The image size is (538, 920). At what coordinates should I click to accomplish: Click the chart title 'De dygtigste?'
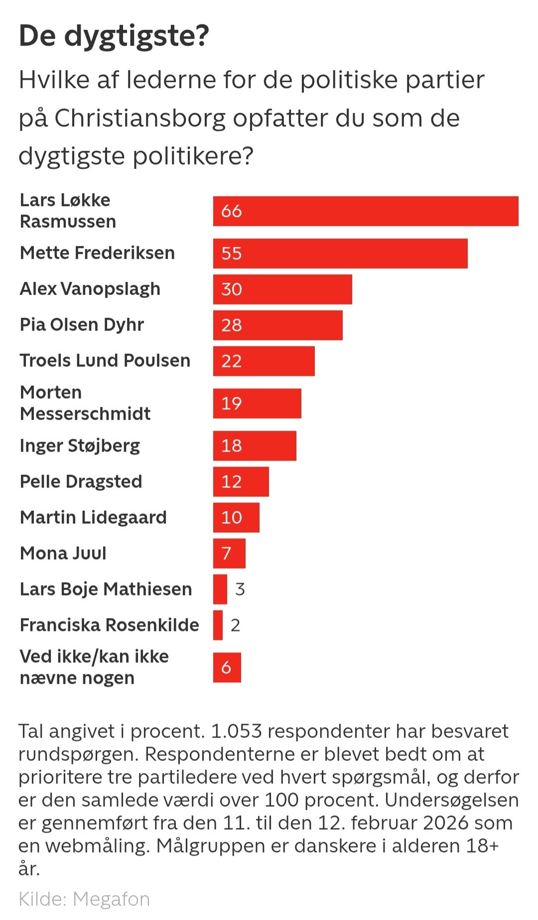(114, 36)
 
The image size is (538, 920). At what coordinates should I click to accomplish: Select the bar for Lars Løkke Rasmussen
(366, 211)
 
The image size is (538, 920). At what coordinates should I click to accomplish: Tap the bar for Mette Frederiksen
(340, 254)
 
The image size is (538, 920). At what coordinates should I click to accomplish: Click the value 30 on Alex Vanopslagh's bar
(232, 290)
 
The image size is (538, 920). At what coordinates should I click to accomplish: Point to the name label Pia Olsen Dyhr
(82, 325)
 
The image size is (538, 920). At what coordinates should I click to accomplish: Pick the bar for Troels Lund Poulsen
(264, 361)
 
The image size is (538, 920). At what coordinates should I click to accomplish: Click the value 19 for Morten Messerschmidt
(232, 404)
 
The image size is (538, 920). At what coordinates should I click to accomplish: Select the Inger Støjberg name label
(80, 446)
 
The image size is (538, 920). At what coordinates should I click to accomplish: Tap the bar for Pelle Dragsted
(241, 482)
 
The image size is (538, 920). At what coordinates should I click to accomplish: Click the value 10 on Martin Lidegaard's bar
(232, 518)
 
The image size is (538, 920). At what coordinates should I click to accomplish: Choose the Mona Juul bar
(229, 554)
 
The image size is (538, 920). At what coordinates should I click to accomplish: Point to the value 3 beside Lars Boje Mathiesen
(240, 590)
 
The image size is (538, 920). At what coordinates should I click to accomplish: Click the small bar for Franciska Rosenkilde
(218, 625)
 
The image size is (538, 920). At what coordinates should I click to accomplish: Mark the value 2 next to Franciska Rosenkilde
(235, 625)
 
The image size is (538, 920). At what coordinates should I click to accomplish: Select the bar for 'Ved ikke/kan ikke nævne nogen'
(227, 668)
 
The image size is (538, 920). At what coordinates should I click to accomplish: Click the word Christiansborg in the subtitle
(140, 119)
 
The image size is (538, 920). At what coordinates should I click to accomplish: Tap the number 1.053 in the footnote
(236, 732)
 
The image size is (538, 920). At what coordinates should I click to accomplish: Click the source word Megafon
(111, 900)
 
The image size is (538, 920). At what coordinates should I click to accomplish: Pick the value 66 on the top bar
(232, 211)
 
